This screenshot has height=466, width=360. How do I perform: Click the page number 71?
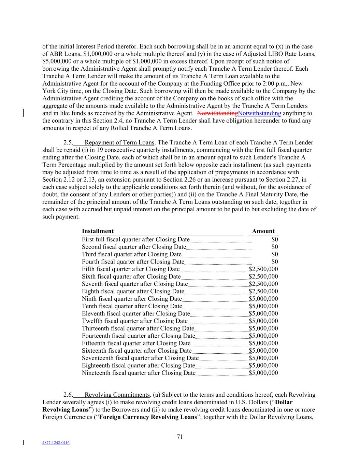point(180,437)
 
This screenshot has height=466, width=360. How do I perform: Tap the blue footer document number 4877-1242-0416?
point(56,443)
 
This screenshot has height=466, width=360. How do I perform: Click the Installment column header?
point(98,231)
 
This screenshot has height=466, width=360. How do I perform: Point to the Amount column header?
point(263,231)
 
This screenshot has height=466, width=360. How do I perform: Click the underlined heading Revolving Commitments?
point(117,395)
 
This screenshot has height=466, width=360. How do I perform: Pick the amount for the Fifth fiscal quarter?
point(263,269)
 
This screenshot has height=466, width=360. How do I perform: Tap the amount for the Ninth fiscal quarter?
point(263,299)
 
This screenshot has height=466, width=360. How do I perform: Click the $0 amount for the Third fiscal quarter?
point(275,254)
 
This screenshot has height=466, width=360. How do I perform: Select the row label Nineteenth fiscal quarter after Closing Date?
point(139,373)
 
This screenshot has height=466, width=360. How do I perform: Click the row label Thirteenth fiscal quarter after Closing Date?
point(138,328)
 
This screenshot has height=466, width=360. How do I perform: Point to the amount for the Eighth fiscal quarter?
point(263,292)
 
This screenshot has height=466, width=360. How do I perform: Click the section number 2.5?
point(68,143)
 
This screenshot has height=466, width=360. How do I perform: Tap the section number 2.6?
point(68,395)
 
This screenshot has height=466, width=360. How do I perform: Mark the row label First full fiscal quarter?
point(135,240)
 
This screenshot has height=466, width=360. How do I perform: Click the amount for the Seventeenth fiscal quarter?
point(263,358)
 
